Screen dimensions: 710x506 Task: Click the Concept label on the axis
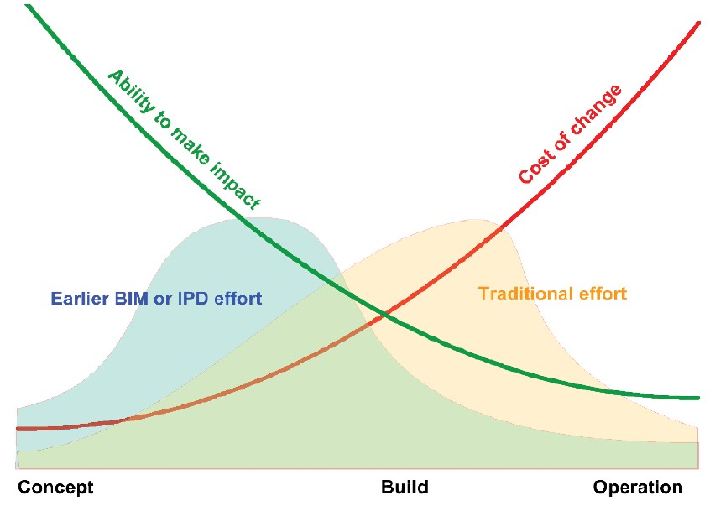tap(55, 488)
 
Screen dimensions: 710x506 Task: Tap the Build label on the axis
tap(405, 487)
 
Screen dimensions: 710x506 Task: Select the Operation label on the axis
tap(638, 488)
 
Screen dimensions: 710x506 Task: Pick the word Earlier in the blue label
tap(80, 299)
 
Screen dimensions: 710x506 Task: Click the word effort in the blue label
tap(238, 299)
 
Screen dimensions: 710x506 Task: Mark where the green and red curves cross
tap(384, 313)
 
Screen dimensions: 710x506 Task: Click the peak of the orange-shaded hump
tap(476, 220)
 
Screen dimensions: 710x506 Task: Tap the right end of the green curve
tap(698, 399)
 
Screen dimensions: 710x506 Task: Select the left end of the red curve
tap(18, 429)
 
